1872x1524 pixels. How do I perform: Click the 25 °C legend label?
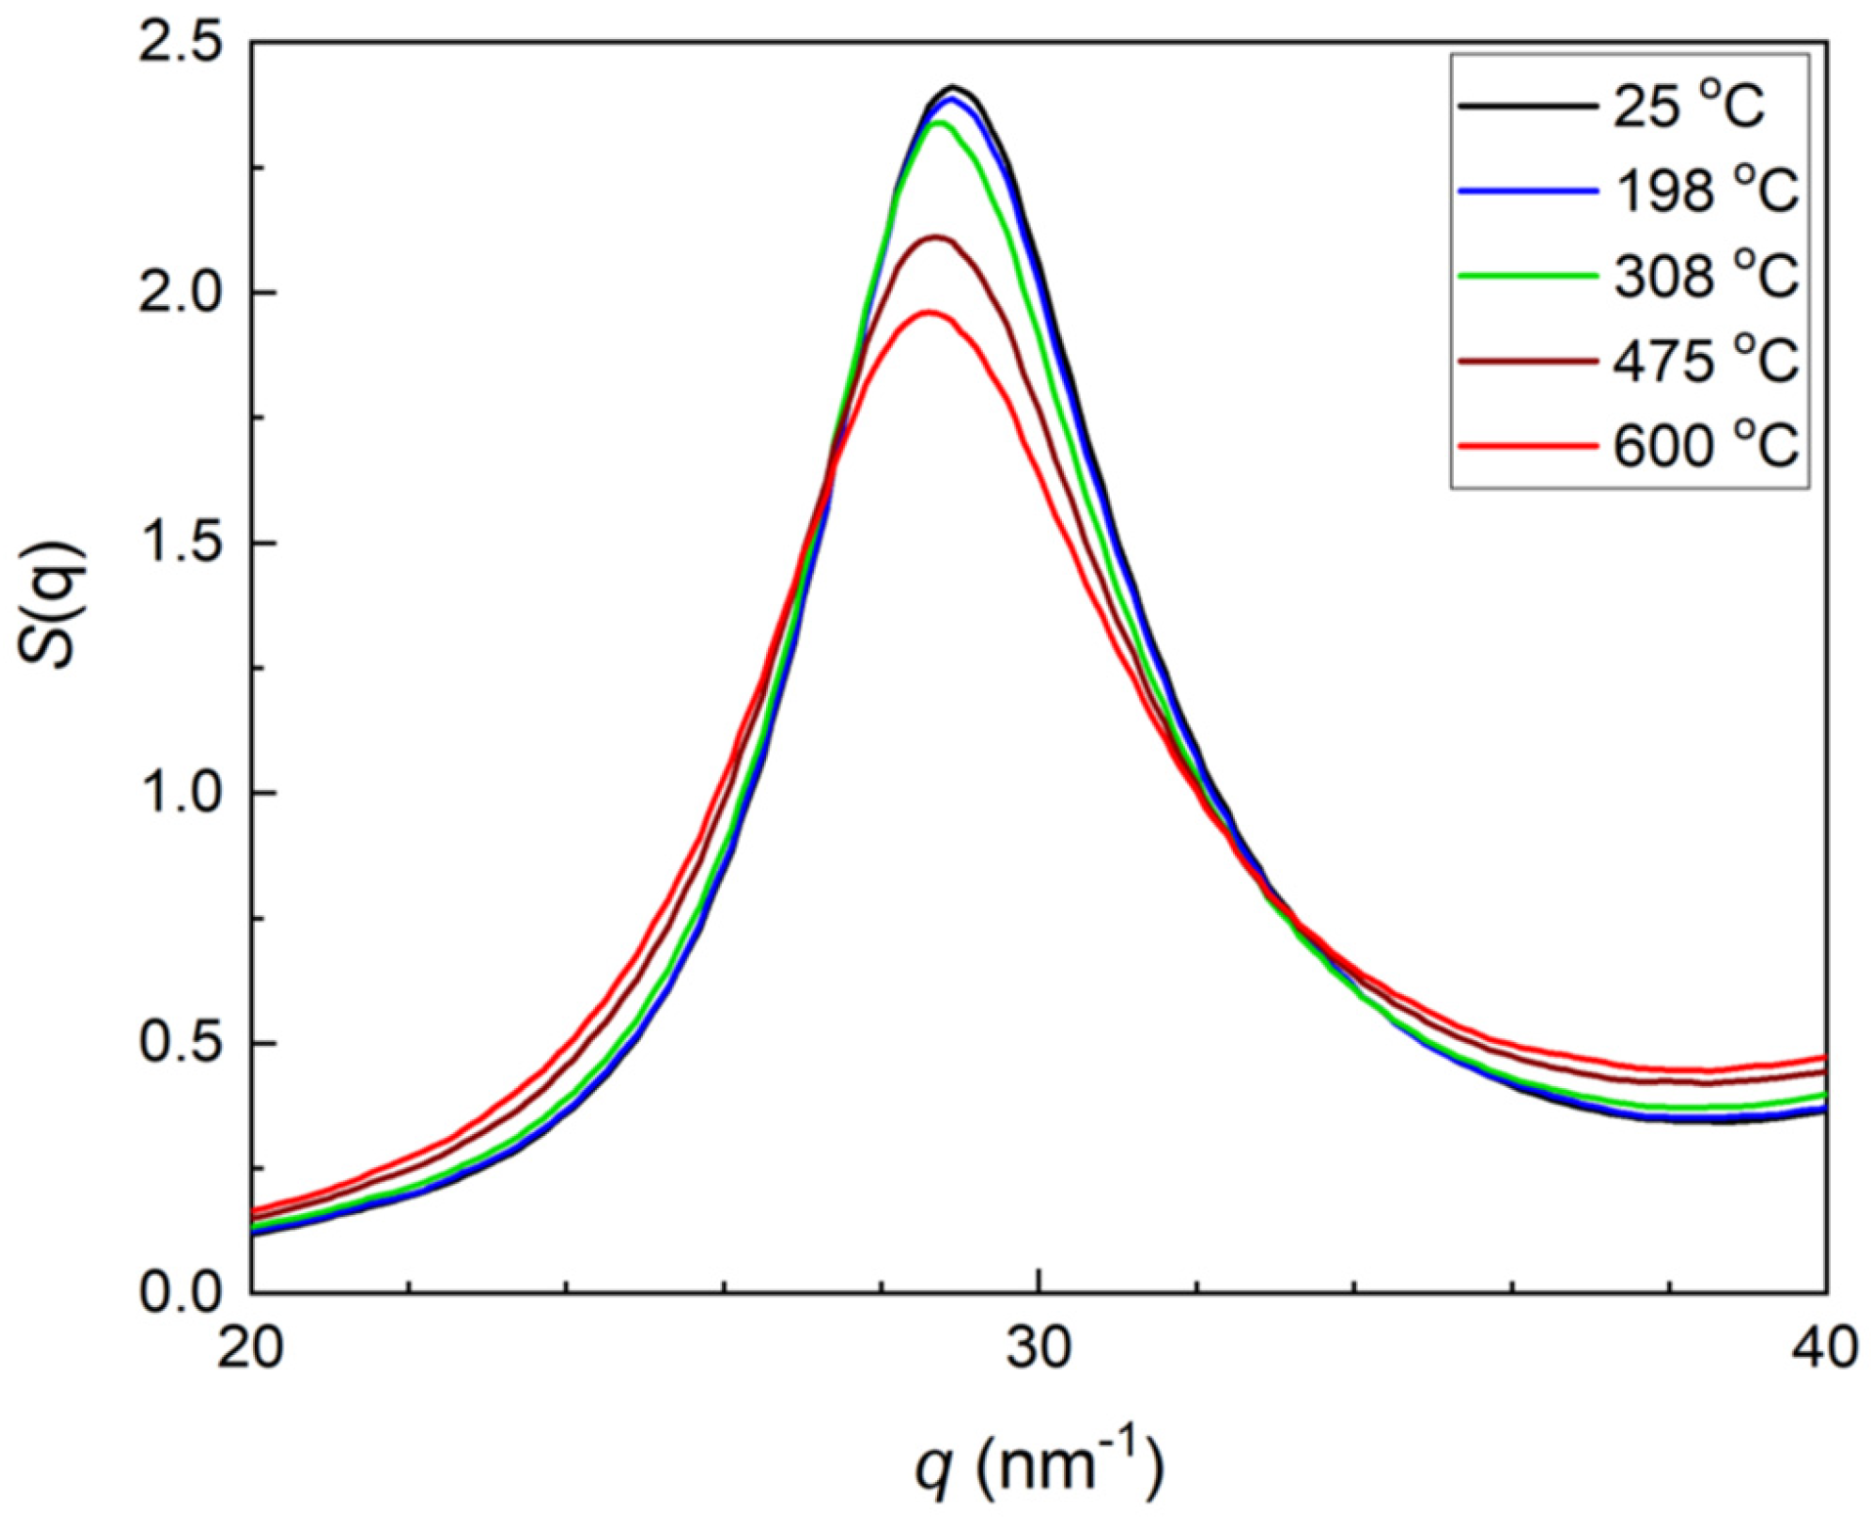tap(1687, 105)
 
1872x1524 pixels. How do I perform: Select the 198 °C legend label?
tap(1704, 191)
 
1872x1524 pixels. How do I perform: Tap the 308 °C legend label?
tap(1704, 276)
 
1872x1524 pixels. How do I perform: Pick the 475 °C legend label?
tap(1704, 361)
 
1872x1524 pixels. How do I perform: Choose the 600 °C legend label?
tap(1704, 446)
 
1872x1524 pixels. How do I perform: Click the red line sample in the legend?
tap(1527, 446)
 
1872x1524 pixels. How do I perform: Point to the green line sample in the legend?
tap(1527, 276)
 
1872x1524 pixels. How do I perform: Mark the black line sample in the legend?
tap(1527, 105)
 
